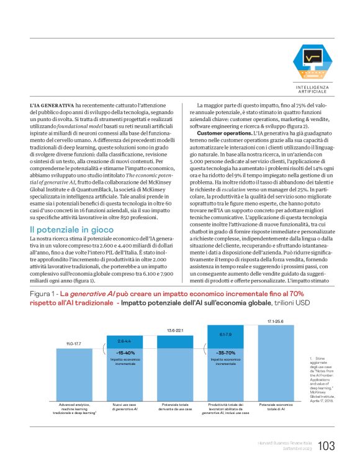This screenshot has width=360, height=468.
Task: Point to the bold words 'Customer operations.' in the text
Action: pos(223,133)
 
